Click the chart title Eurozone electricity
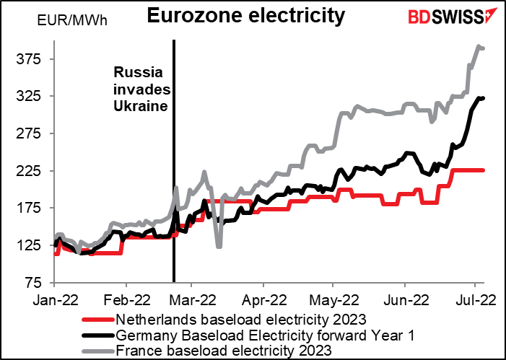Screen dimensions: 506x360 [246, 15]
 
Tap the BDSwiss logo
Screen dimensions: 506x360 [449, 16]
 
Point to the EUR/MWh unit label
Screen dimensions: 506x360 [72, 21]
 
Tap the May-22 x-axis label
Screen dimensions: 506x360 [334, 300]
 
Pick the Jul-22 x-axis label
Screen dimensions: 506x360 [474, 300]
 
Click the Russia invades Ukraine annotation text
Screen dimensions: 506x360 [141, 89]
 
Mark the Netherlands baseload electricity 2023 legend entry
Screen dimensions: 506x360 [224, 320]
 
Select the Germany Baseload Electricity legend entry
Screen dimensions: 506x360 [248, 335]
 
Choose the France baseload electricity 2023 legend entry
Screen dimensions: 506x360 [206, 350]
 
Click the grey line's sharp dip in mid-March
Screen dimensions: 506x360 [219, 247]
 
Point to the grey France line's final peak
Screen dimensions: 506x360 [479, 47]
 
